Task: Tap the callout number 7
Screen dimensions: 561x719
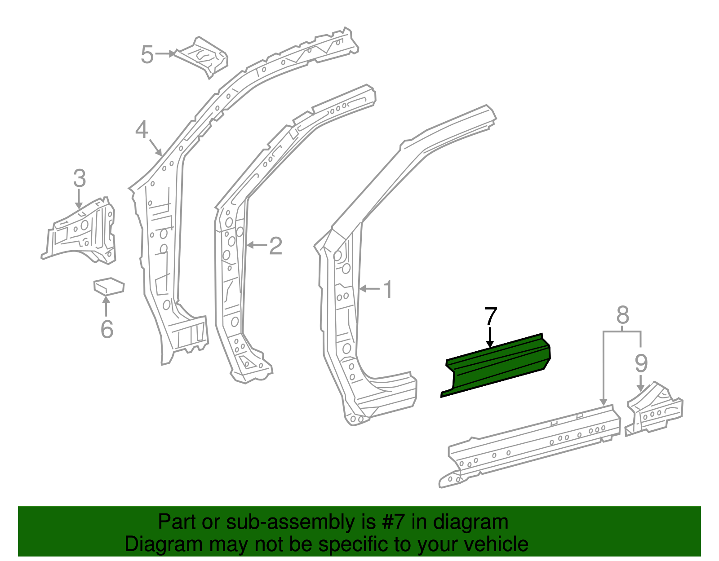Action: (x=490, y=318)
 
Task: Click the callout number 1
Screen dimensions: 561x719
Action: (x=388, y=290)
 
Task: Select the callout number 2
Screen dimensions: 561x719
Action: (x=275, y=246)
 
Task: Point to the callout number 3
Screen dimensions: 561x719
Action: (x=79, y=179)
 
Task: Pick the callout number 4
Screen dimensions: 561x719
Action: (x=142, y=130)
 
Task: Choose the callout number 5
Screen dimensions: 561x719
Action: (x=147, y=55)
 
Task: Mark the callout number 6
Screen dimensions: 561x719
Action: (x=107, y=329)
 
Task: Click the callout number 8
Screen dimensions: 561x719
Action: (x=622, y=316)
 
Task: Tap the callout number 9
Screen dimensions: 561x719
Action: (x=641, y=363)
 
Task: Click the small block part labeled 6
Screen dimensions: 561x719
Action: (x=108, y=286)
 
